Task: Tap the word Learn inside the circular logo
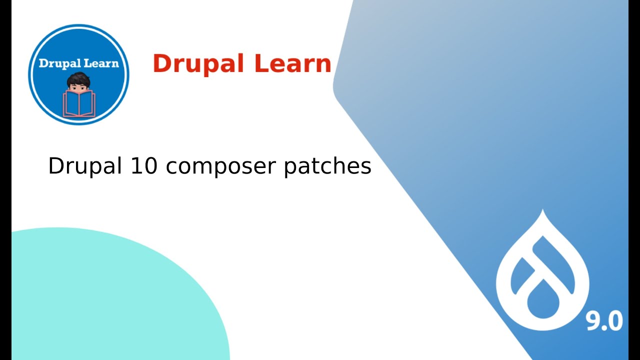tap(101, 63)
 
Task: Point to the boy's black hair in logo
tap(78, 79)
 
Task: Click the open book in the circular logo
tap(78, 103)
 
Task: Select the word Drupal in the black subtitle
tap(85, 166)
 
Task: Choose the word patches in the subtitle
tap(327, 166)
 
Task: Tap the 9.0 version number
tap(604, 320)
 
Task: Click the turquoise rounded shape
tap(100, 300)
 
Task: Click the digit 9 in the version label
tap(593, 320)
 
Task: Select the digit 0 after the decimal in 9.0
tap(615, 320)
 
